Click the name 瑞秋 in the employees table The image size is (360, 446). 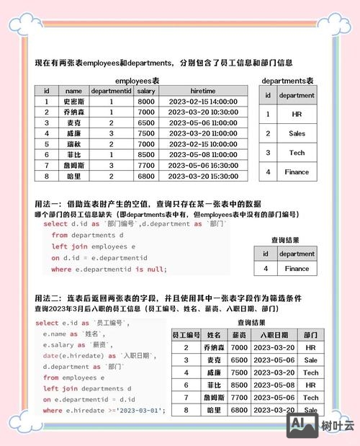coord(73,143)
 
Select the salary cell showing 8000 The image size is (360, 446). coord(146,102)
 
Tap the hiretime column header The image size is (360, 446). coord(204,92)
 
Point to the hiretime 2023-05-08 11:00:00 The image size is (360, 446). coord(204,154)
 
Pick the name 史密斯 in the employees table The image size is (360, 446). coord(73,102)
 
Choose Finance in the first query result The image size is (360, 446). coord(297,269)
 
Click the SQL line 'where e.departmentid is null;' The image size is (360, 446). coord(109,269)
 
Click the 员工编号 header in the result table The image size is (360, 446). coord(186,336)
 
